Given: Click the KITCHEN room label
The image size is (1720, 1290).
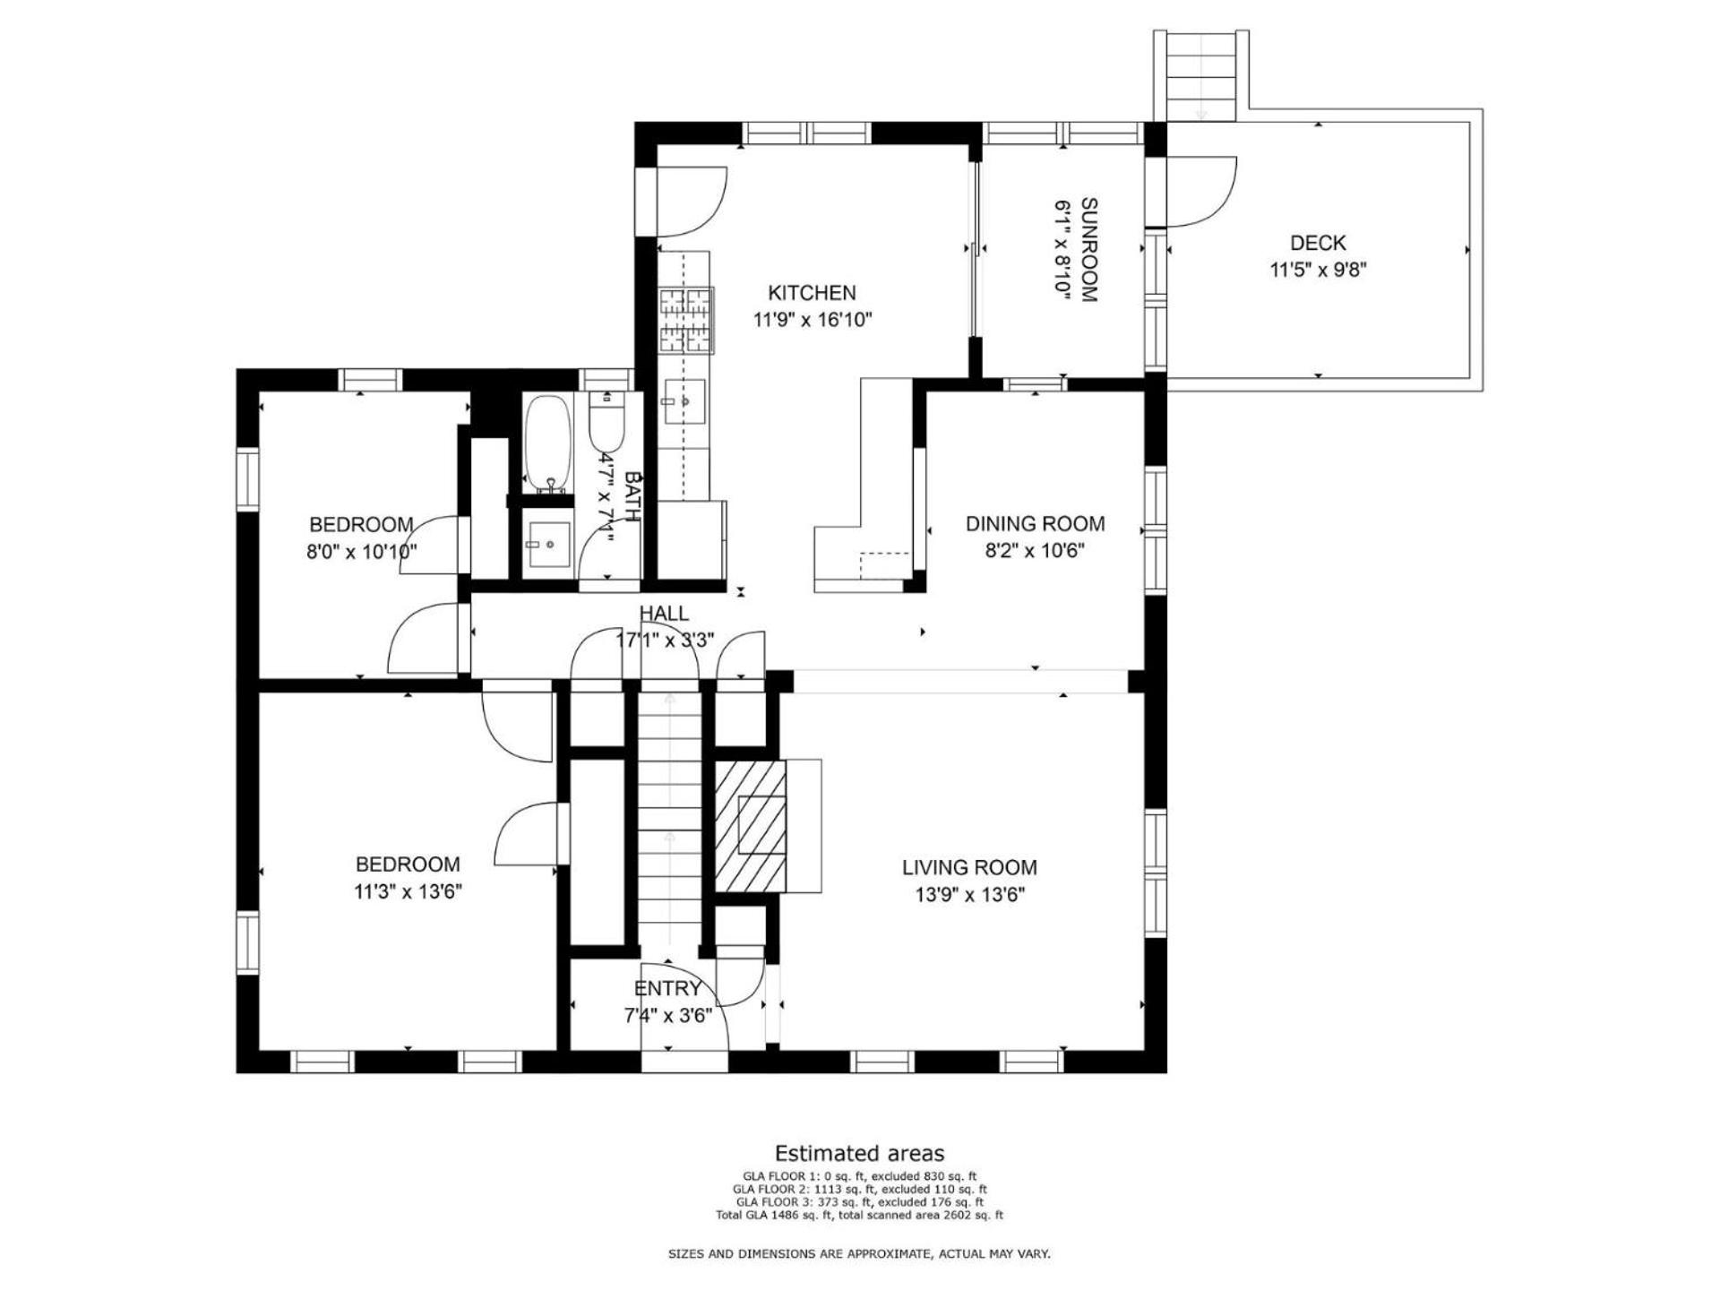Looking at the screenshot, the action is (x=812, y=293).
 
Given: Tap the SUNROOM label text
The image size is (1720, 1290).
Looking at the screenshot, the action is (x=1088, y=250).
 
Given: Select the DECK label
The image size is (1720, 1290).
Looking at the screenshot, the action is (x=1318, y=243).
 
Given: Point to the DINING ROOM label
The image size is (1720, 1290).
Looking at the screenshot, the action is (x=1035, y=524).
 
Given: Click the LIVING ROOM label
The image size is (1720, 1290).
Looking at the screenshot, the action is (x=969, y=867).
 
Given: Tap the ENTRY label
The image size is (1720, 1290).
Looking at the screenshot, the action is (x=667, y=989).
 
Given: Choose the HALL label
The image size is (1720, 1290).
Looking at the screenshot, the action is (x=664, y=614).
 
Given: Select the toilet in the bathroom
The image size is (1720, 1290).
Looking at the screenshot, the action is (x=606, y=419).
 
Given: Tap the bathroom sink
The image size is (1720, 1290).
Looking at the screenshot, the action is (x=548, y=545).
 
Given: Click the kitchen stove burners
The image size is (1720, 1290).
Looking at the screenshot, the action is (x=686, y=320).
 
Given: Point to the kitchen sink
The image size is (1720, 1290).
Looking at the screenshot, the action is (x=684, y=403).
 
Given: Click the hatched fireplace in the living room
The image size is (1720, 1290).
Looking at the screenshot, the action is (x=750, y=826).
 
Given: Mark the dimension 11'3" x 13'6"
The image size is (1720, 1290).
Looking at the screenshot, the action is (x=408, y=892).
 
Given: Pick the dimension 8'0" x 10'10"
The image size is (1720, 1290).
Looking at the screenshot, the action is (x=362, y=552).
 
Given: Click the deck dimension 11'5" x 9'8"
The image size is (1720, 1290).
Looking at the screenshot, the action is (x=1318, y=270).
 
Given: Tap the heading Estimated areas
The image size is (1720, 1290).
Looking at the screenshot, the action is (x=859, y=1154).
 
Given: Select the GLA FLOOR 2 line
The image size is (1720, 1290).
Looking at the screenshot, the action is (x=859, y=1189).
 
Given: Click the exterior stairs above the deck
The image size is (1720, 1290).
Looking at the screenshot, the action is (x=1201, y=75).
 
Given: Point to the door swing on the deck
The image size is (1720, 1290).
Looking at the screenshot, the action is (x=1201, y=192).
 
